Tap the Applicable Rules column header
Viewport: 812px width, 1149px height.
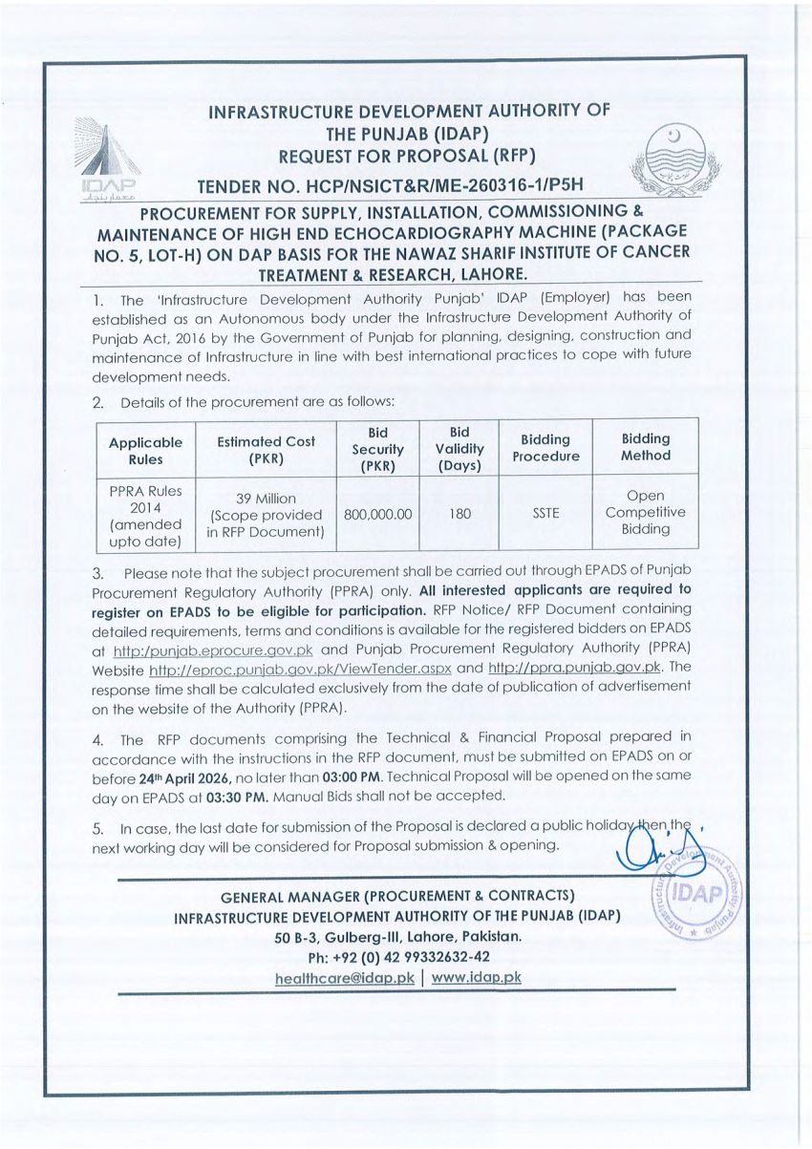[145, 449]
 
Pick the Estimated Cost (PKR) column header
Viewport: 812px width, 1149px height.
[266, 449]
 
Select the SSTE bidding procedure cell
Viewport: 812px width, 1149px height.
[545, 513]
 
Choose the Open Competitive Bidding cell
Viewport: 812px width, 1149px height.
[645, 513]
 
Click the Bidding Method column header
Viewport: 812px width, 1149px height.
[645, 447]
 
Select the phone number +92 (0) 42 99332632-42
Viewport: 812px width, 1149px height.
[398, 957]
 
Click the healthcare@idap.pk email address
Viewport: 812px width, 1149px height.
[344, 977]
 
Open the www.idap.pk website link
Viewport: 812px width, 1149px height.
[476, 977]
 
